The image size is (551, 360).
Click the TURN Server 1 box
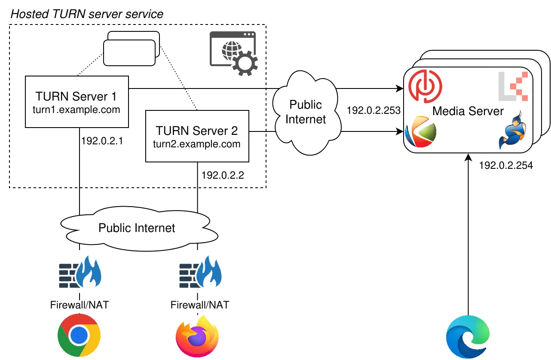(77, 102)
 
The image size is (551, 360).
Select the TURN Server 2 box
(197, 136)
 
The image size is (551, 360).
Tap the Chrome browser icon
(79, 336)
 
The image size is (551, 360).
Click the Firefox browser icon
(197, 336)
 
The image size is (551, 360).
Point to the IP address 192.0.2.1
(101, 141)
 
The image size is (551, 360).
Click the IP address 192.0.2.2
(222, 175)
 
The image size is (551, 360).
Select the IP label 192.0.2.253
(373, 110)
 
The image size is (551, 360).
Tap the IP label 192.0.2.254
(506, 165)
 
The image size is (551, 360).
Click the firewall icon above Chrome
(80, 272)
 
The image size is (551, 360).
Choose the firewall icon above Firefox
(200, 272)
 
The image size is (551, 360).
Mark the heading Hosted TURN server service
(87, 14)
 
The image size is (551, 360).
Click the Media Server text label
(468, 111)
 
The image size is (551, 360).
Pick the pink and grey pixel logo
(513, 86)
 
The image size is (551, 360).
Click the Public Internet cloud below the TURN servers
(137, 228)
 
